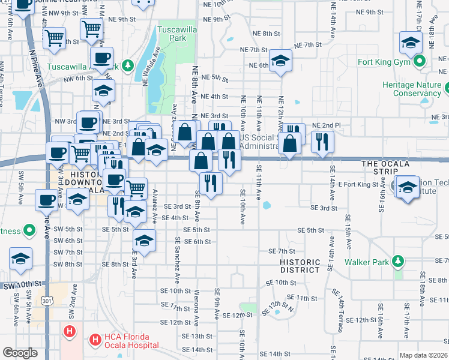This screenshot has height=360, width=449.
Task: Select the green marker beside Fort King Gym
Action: point(421,61)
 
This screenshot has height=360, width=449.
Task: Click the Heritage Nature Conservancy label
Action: point(412,89)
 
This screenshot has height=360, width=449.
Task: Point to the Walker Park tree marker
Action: point(397,262)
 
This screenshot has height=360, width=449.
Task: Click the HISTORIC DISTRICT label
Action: point(300,266)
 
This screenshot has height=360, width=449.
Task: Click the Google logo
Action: point(20,353)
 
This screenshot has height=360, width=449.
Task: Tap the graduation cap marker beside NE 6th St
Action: point(280,61)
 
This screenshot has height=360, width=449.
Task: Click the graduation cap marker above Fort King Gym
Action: point(411,42)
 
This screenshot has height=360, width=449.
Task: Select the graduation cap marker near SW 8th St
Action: point(21,259)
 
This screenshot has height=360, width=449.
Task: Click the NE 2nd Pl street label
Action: point(327,125)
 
